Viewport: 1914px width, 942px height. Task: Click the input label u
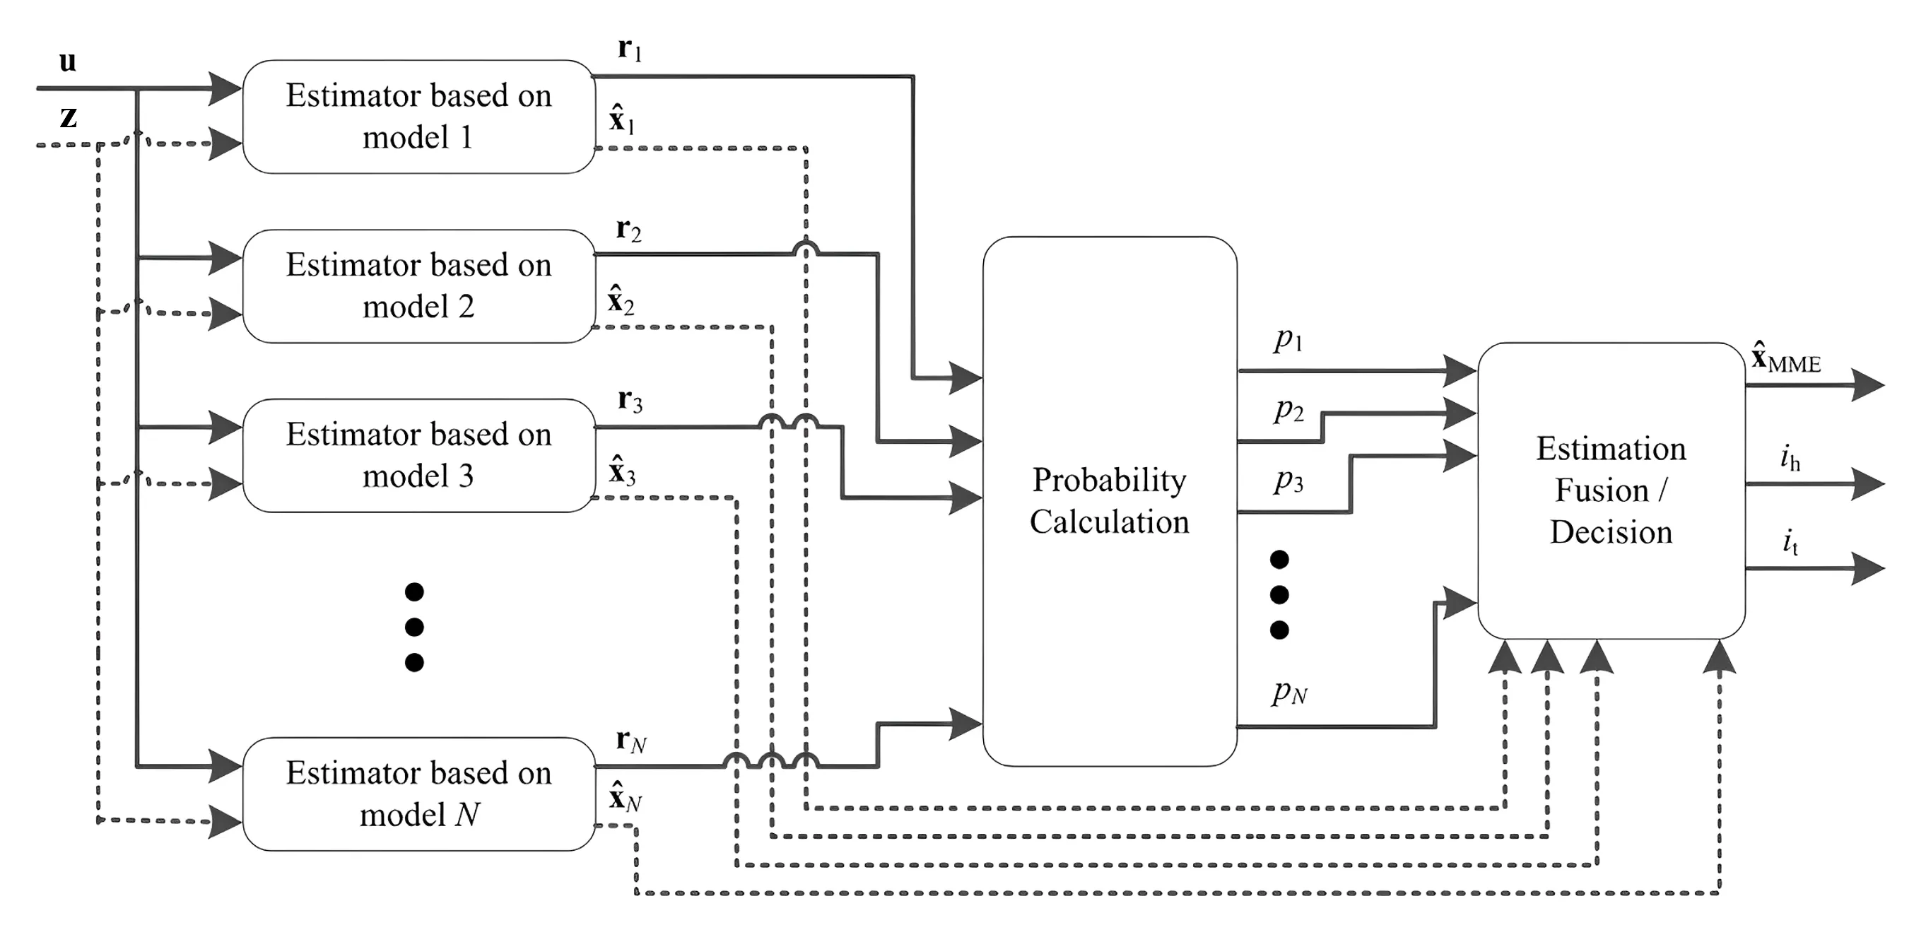(x=68, y=62)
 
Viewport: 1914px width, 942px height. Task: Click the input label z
(x=69, y=117)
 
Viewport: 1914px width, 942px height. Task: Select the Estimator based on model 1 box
(x=418, y=117)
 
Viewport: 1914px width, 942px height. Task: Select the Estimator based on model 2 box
(x=418, y=286)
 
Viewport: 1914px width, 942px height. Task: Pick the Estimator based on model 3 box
(x=418, y=455)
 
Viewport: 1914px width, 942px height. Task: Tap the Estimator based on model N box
(x=418, y=794)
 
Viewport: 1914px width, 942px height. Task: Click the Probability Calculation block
(x=1110, y=501)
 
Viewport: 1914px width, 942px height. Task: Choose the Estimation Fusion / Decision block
(x=1611, y=490)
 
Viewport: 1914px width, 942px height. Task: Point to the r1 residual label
(x=629, y=49)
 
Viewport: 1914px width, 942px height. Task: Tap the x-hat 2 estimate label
(x=621, y=301)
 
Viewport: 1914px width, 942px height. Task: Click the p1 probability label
(x=1288, y=339)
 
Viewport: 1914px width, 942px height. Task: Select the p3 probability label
(x=1288, y=481)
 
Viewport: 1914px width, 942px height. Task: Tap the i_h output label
(x=1790, y=459)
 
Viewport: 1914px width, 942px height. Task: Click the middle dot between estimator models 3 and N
(x=415, y=627)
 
